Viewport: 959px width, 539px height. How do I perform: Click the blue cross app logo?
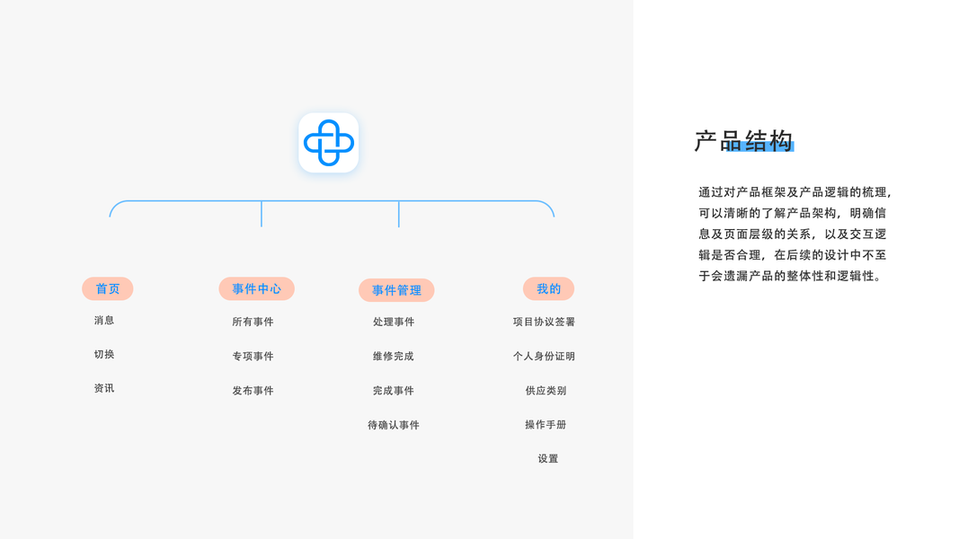tap(328, 143)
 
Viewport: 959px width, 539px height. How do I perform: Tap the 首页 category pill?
tap(108, 288)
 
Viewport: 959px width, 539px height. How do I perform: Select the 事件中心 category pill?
tap(256, 288)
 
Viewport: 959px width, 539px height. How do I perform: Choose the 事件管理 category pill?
tap(396, 290)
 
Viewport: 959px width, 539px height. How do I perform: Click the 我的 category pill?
tap(548, 288)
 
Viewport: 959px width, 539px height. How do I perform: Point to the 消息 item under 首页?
tap(104, 321)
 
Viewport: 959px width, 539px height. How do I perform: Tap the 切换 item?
tap(104, 355)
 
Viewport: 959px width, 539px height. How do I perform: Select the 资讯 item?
tap(104, 389)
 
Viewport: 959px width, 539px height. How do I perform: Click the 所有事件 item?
tap(253, 322)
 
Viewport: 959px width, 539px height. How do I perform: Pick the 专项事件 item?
tap(253, 357)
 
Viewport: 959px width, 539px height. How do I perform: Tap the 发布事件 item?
tap(253, 391)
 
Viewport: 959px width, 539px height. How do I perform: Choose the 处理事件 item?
tap(394, 322)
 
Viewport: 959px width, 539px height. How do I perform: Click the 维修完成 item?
tap(394, 357)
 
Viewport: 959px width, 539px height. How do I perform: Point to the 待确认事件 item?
tap(394, 425)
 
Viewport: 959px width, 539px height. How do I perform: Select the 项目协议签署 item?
tap(544, 322)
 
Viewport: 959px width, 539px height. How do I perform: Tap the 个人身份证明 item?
tap(544, 357)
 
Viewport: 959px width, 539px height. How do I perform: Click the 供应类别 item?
tap(546, 391)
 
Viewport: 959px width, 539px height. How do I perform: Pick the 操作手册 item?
tap(546, 425)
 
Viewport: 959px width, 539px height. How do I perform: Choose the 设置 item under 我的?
tap(548, 459)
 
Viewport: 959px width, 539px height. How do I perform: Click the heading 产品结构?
tap(743, 141)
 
